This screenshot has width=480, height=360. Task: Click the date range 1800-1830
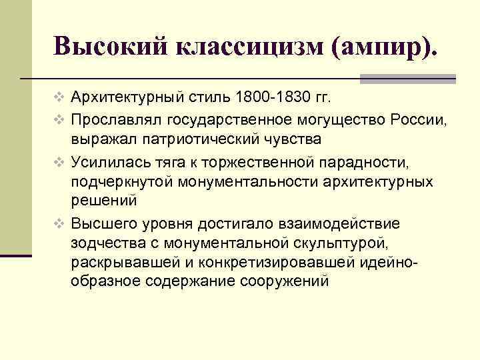pyautogui.click(x=272, y=99)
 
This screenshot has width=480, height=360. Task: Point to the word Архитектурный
pyautogui.click(x=126, y=99)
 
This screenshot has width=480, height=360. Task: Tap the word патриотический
pyautogui.click(x=213, y=139)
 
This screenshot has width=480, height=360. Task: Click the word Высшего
pyautogui.click(x=99, y=221)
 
